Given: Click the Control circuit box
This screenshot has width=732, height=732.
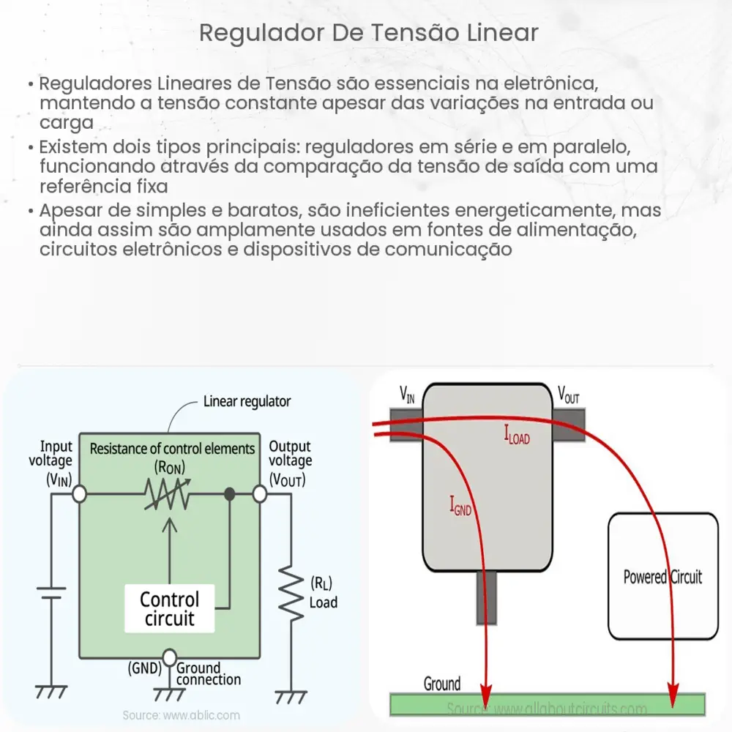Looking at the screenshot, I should point(169,609).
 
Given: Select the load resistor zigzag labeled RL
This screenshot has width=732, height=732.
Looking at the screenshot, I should point(294,594).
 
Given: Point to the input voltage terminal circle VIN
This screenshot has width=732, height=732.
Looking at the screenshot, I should point(79,495).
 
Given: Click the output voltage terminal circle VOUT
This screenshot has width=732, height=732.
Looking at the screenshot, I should point(259,495).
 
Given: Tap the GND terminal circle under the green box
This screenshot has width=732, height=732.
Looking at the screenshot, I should point(169,657).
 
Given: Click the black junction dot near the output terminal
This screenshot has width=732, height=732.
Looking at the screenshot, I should point(229,495).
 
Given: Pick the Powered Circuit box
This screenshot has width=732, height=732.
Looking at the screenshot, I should point(662,577).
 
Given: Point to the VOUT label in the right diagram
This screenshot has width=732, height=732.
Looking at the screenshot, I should point(569,395).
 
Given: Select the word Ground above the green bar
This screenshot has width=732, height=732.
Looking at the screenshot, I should point(442,684).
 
